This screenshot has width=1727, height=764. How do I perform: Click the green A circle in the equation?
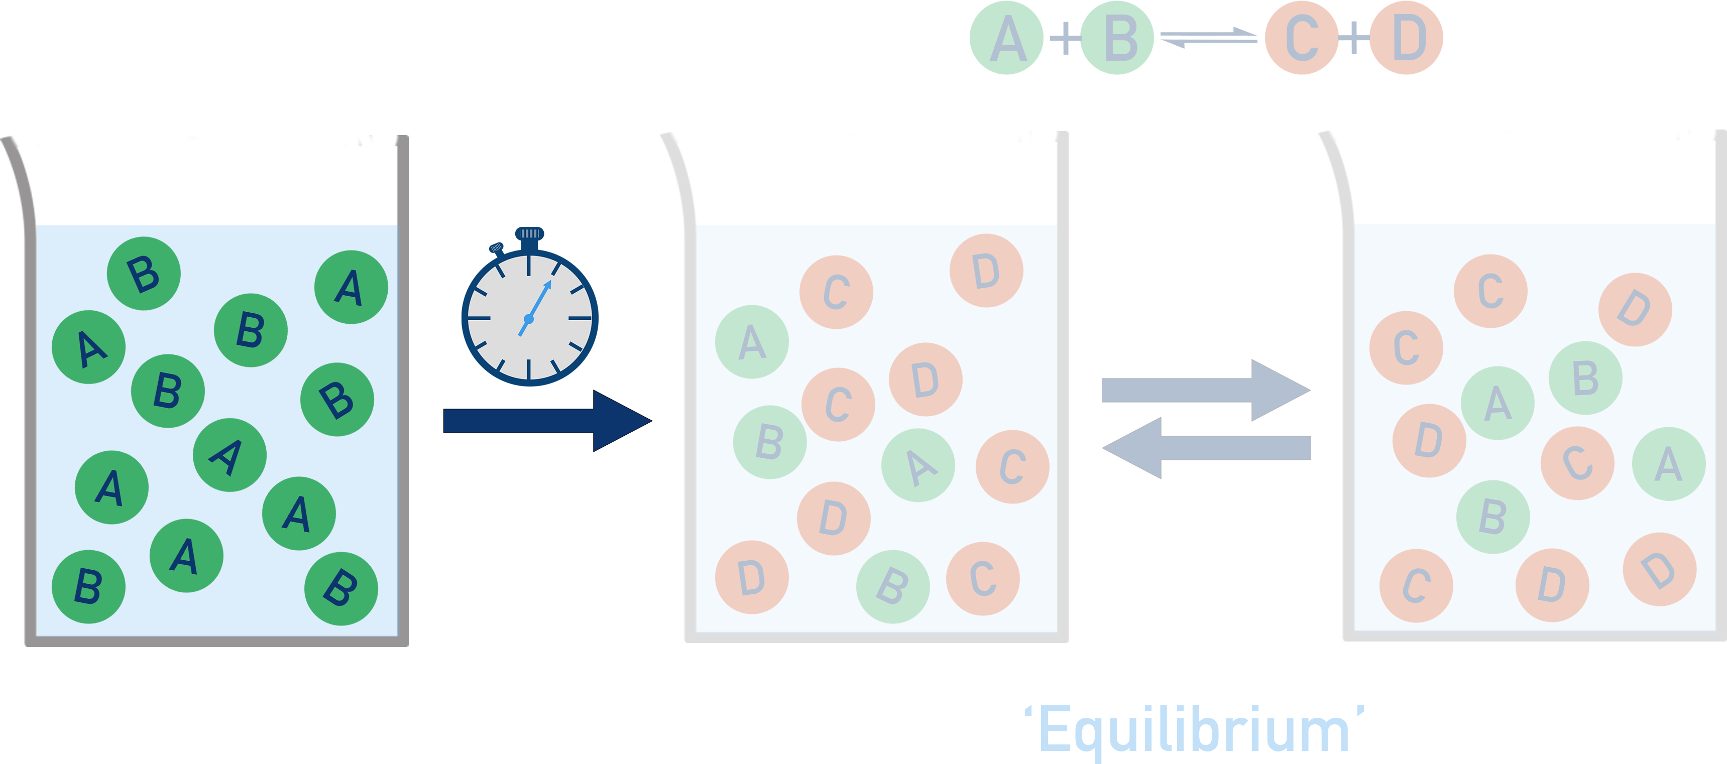coord(1006,38)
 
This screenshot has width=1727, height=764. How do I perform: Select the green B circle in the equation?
coord(1117,38)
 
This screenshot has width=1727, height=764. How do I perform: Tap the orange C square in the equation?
coord(1301,38)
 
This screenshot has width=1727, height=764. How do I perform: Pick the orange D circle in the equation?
coord(1406,38)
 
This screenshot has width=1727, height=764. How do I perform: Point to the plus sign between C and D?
coord(1353,38)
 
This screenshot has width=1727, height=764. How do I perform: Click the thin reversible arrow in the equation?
coord(1209,38)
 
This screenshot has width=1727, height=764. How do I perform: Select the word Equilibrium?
coord(1193,730)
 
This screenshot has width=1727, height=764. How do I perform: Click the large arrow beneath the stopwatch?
coord(547,421)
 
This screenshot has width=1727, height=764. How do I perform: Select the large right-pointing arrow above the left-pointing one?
coord(1205,390)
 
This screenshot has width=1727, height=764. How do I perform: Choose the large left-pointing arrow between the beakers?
coord(1205,448)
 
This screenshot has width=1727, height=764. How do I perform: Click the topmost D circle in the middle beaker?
coord(986,271)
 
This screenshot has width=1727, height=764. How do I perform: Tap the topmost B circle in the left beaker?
coord(144,274)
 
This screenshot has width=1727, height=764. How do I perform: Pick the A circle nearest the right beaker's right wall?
coord(1668,464)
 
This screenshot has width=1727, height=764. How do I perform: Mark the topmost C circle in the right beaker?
coord(1490,291)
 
